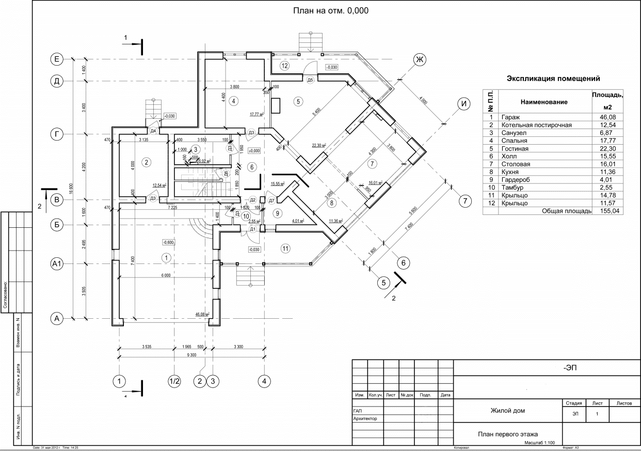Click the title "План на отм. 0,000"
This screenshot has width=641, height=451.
click(x=331, y=10)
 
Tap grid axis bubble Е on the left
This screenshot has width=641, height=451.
click(x=57, y=59)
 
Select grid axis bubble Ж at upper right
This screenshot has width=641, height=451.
click(x=420, y=60)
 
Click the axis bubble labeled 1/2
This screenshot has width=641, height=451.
click(x=174, y=382)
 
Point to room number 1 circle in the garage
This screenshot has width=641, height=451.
click(x=166, y=257)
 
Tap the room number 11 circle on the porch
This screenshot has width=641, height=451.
click(x=284, y=248)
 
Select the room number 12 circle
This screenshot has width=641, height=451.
click(x=283, y=65)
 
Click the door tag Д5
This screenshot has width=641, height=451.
click(x=310, y=80)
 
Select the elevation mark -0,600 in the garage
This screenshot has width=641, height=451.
click(x=168, y=242)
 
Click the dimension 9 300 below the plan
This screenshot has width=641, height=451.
click(x=191, y=355)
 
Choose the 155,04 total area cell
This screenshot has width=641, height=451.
click(x=607, y=211)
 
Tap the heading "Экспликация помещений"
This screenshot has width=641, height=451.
click(x=553, y=79)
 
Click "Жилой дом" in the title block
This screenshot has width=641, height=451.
click(x=507, y=411)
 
